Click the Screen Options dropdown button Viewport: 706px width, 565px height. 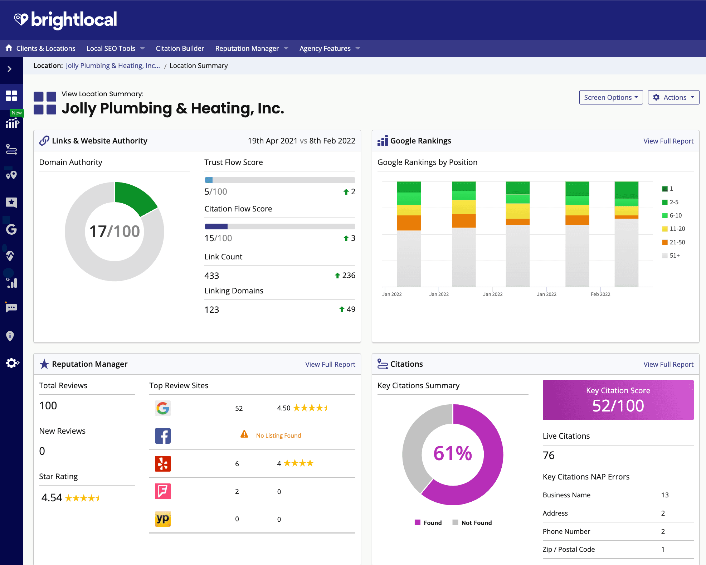[610, 97]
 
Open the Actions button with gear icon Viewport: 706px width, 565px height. [673, 97]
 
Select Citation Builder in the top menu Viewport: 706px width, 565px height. [180, 48]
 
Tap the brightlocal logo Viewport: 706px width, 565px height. [65, 19]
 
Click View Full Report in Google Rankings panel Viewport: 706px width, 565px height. [668, 141]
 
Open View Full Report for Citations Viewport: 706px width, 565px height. [668, 364]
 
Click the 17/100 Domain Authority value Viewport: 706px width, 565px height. [114, 231]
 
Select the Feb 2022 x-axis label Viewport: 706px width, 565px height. [600, 294]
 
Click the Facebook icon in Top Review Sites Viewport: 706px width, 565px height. [163, 436]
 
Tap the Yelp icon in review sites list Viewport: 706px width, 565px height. [163, 463]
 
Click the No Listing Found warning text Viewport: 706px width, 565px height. [278, 435]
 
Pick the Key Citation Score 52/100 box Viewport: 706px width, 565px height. [618, 400]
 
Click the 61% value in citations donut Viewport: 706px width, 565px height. [452, 453]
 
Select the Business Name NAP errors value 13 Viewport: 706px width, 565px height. [664, 495]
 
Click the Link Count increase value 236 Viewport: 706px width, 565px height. [348, 275]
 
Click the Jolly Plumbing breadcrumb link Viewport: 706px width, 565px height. [113, 65]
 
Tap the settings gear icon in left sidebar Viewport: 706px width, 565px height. [12, 363]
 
